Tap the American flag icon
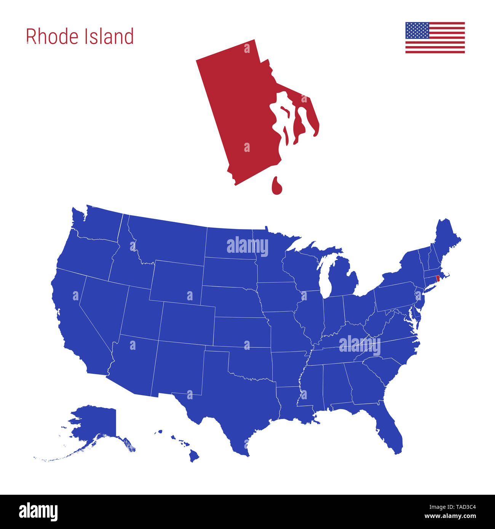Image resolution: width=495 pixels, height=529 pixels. pyautogui.click(x=435, y=38)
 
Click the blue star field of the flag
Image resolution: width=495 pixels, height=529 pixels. pyautogui.click(x=417, y=30)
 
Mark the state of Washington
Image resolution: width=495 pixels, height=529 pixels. pyautogui.click(x=99, y=225)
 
